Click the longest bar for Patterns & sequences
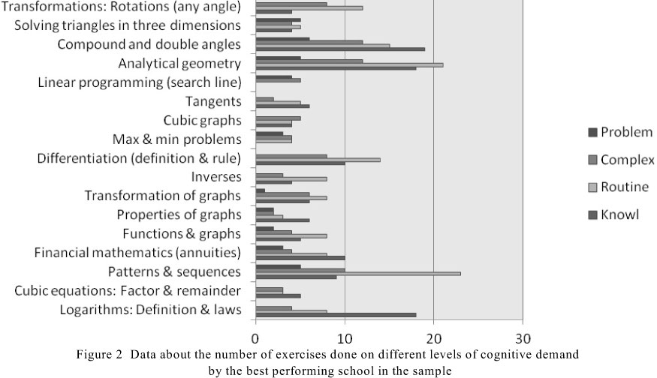358,273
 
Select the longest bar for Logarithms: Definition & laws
336,315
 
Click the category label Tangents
213,101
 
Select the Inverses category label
216,177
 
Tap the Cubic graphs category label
202,120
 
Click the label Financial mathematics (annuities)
137,252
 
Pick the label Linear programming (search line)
139,82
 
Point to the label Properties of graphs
179,214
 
